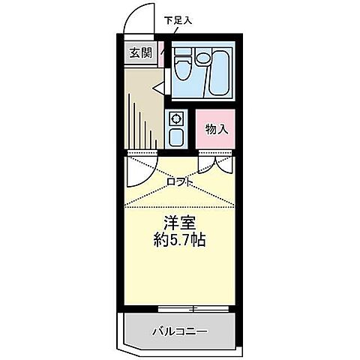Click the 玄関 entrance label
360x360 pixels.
tap(139, 52)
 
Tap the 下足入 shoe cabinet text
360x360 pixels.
tap(178, 20)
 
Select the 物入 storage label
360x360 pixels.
tap(217, 129)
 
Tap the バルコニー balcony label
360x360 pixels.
tap(181, 331)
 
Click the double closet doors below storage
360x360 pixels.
tap(216, 163)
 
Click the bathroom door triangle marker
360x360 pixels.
tap(160, 88)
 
